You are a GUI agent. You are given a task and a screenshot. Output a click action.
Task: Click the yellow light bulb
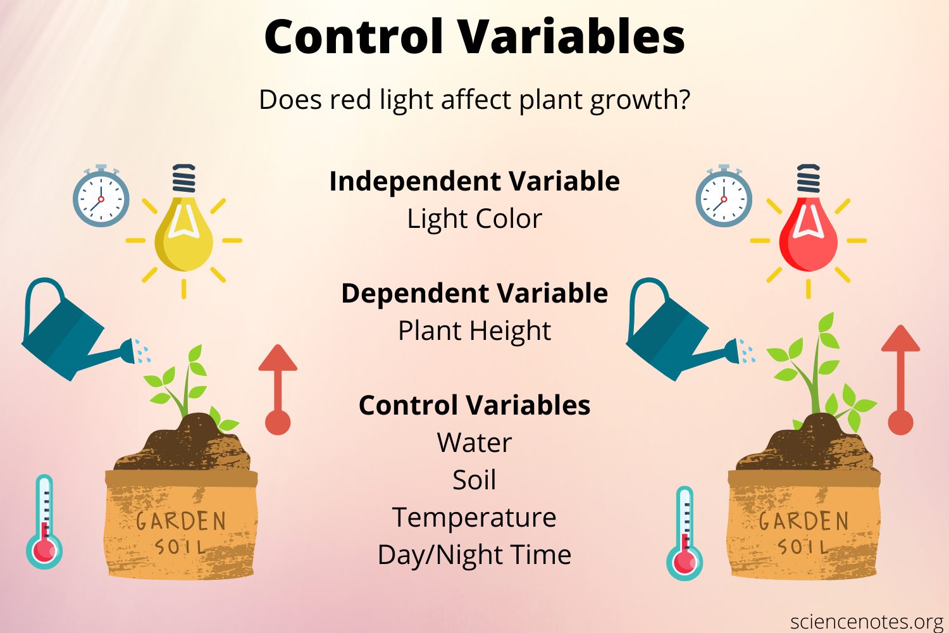pos(183,234)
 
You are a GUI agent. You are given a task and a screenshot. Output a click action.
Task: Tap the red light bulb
pos(808,234)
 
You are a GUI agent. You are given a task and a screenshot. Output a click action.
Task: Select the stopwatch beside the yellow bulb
pos(101,198)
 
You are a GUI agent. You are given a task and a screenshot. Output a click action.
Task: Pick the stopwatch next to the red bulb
pos(724,198)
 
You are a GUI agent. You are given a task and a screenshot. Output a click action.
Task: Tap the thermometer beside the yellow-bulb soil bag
pos(44,522)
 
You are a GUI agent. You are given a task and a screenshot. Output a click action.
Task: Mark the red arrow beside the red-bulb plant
pos(900,380)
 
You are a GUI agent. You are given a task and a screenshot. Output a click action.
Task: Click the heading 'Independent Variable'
pos(475,182)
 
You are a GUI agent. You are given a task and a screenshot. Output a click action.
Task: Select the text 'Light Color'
pos(475,219)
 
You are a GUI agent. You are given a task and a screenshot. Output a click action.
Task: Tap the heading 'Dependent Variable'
pos(475,294)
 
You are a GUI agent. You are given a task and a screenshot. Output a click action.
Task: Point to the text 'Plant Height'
pos(475,331)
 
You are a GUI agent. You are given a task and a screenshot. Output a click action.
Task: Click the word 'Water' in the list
pos(475,443)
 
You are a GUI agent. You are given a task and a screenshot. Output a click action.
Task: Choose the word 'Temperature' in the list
pos(475,518)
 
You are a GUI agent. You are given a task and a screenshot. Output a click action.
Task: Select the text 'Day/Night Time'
pos(475,555)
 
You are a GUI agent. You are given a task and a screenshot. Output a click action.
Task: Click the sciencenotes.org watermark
pos(867,622)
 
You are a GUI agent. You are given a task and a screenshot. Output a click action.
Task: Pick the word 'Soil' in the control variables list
pos(475,480)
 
